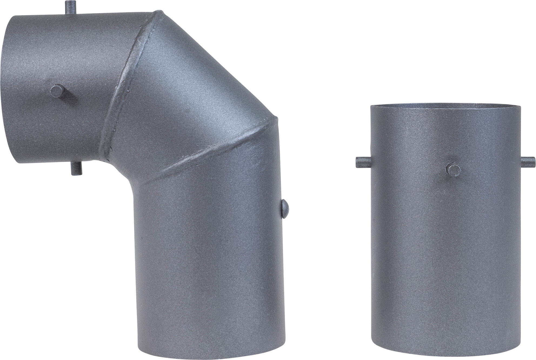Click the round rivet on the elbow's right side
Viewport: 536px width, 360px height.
[284, 209]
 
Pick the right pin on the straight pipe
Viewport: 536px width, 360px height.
[528, 162]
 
